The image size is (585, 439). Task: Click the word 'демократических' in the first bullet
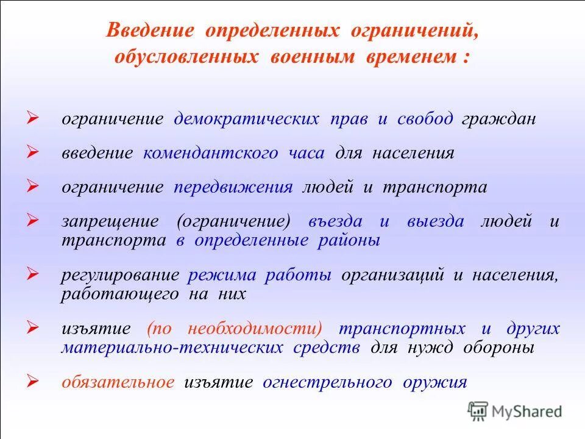pyautogui.click(x=246, y=119)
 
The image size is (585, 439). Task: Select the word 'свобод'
pyautogui.click(x=425, y=119)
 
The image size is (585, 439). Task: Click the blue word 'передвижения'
pyautogui.click(x=233, y=187)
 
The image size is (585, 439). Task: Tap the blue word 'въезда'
pyautogui.click(x=336, y=221)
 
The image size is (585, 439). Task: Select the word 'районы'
pyautogui.click(x=349, y=240)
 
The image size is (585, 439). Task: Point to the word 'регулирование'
pyautogui.click(x=120, y=275)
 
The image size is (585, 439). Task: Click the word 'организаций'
pyautogui.click(x=394, y=275)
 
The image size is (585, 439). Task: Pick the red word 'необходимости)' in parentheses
pyautogui.click(x=255, y=329)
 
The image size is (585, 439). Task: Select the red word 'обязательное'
pyautogui.click(x=118, y=382)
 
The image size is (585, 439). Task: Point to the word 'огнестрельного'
pyautogui.click(x=327, y=382)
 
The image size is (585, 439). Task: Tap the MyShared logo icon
pyautogui.click(x=478, y=411)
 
